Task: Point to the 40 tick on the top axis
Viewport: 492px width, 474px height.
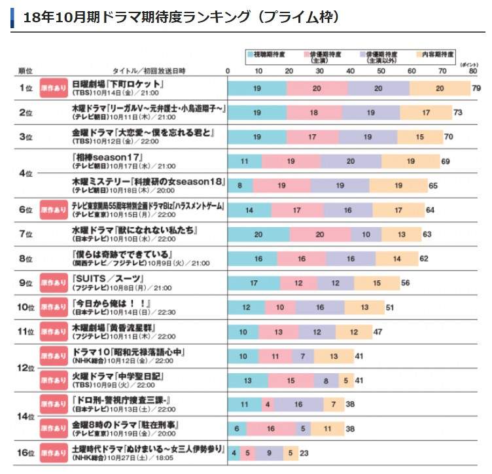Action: pyautogui.click(x=351, y=70)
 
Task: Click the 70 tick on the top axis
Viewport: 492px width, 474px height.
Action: pyautogui.click(x=442, y=70)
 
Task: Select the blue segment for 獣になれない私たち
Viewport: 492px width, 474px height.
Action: pyautogui.click(x=258, y=234)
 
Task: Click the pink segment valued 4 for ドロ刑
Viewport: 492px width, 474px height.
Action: pyautogui.click(x=268, y=405)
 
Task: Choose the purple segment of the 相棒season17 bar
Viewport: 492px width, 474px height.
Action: pyautogui.click(x=351, y=161)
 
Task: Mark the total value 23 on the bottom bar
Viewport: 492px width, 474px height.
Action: pyautogui.click(x=304, y=453)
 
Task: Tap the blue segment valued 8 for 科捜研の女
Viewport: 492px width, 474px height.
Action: pyautogui.click(x=240, y=185)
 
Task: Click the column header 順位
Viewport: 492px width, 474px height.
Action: pyautogui.click(x=24, y=70)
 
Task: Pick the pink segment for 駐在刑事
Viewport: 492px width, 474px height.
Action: pyautogui.click(x=271, y=429)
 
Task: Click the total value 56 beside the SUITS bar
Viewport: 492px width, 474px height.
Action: pyautogui.click(x=406, y=283)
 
